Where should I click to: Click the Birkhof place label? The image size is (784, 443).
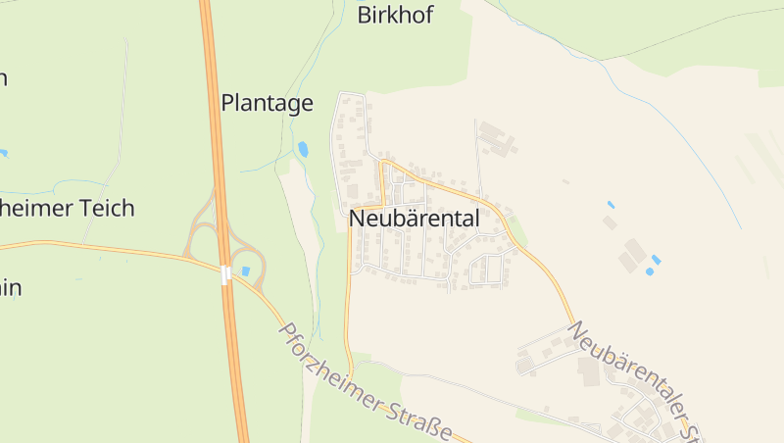pos(395,15)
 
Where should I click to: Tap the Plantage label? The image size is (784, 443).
pos(267,103)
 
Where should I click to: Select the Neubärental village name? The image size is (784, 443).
pos(415,220)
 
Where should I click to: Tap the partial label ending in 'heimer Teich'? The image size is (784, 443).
pos(67,208)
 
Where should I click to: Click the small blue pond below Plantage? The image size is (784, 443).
pos(303,150)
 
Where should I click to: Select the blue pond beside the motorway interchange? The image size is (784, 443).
pos(245,271)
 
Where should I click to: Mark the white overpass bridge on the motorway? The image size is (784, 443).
pos(227,275)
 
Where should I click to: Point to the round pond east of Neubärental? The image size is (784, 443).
pos(649,271)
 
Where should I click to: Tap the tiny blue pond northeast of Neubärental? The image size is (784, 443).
pos(611,205)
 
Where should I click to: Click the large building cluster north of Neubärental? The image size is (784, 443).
pos(498,138)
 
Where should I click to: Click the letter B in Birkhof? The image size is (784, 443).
pos(365,15)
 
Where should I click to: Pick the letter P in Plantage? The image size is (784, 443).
pos(227,103)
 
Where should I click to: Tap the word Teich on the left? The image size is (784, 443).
pos(110,208)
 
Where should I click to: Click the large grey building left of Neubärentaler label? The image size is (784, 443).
pos(589,371)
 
